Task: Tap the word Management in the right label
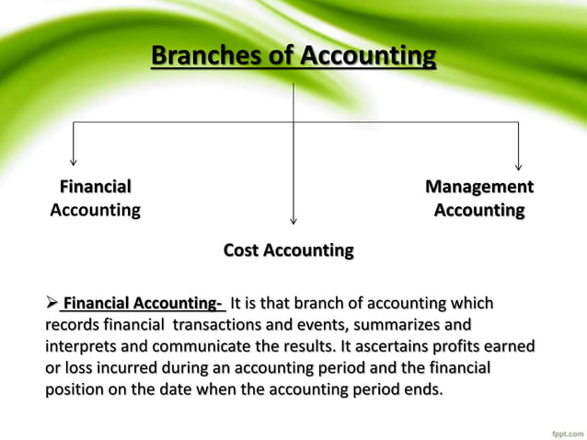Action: coord(478,187)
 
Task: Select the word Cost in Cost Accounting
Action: coord(242,250)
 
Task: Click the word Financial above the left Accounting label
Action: coord(95,187)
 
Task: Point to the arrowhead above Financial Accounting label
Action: coord(74,162)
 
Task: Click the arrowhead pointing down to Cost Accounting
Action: coord(293,219)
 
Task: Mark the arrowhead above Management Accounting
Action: coord(518,165)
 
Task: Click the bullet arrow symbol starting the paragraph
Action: coord(52,303)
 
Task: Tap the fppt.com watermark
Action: coord(558,427)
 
